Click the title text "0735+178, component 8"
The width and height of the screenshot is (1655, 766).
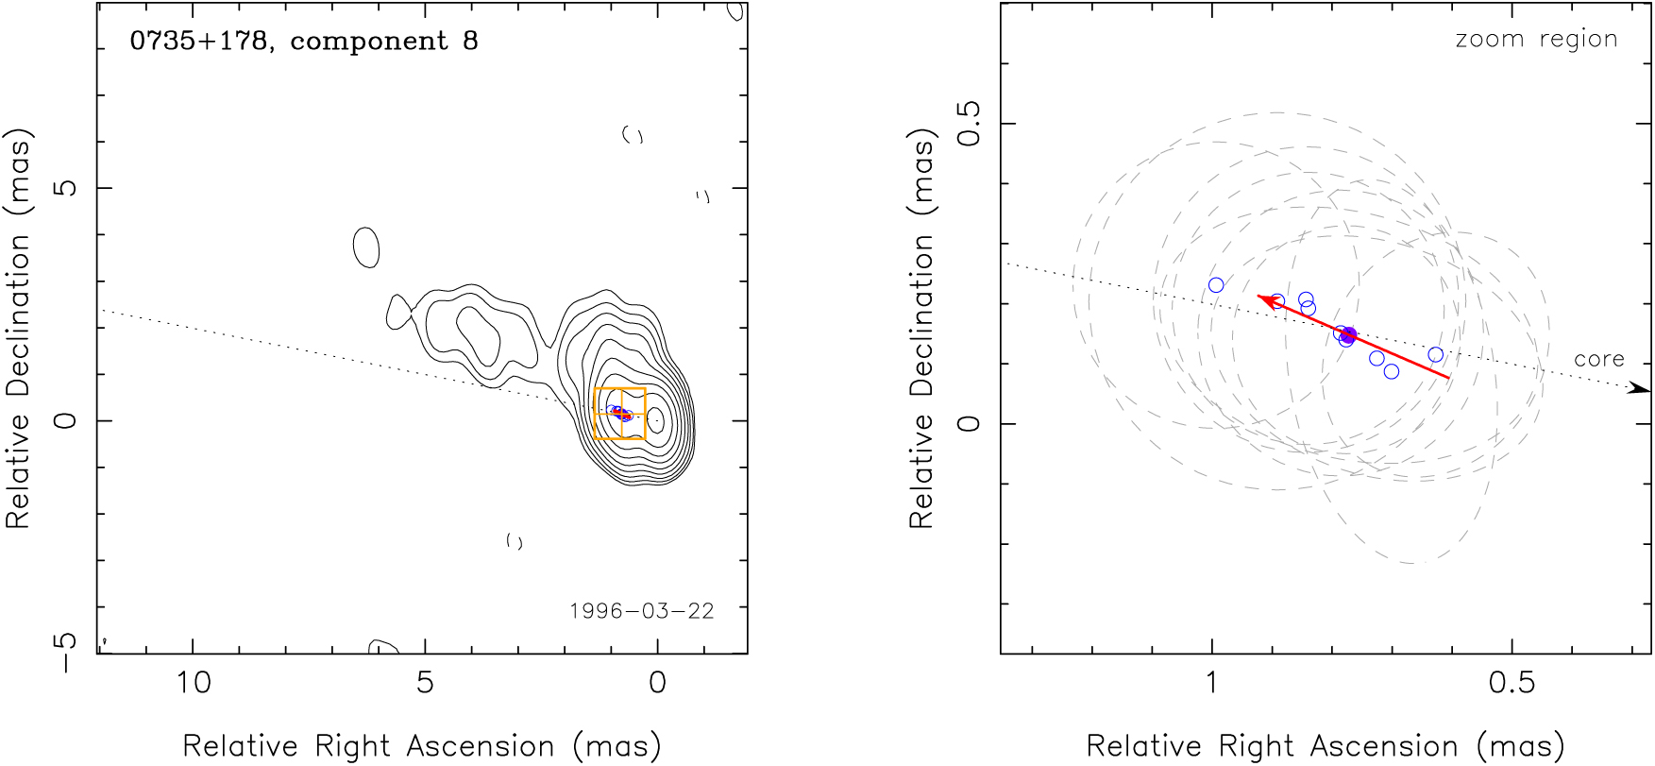(304, 42)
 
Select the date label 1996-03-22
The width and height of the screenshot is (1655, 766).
(642, 611)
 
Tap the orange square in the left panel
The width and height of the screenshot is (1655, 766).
(620, 414)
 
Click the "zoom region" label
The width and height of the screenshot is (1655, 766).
(1536, 39)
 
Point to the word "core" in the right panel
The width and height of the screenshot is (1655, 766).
(1599, 359)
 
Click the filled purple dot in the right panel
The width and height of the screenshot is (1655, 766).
(1348, 335)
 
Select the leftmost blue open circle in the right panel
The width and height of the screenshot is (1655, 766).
(1216, 285)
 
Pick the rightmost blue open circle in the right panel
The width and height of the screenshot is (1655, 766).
(1436, 355)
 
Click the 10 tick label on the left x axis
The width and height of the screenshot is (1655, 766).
(194, 682)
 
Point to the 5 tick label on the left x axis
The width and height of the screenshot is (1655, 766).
(425, 682)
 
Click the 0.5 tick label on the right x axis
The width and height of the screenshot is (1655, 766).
(1512, 682)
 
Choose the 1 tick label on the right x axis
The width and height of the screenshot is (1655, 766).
(1212, 682)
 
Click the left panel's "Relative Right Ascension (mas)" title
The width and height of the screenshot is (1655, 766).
(421, 746)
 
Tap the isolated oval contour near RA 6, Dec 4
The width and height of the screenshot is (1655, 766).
(366, 247)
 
